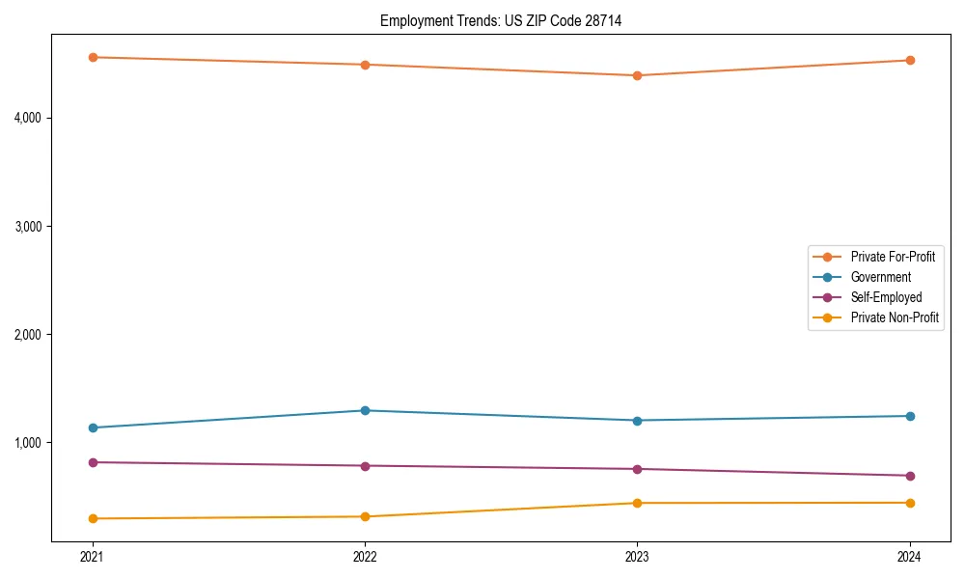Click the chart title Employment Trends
[500, 20]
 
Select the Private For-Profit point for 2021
[93, 57]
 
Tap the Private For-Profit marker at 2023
[637, 75]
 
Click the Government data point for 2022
[365, 410]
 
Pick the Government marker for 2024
[910, 416]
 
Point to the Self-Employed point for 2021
[93, 462]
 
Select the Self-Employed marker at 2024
[910, 476]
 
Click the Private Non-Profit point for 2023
[637, 503]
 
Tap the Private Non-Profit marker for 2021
[93, 518]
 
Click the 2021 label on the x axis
[93, 557]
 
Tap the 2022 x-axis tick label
[365, 557]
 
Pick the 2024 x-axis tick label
[910, 557]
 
